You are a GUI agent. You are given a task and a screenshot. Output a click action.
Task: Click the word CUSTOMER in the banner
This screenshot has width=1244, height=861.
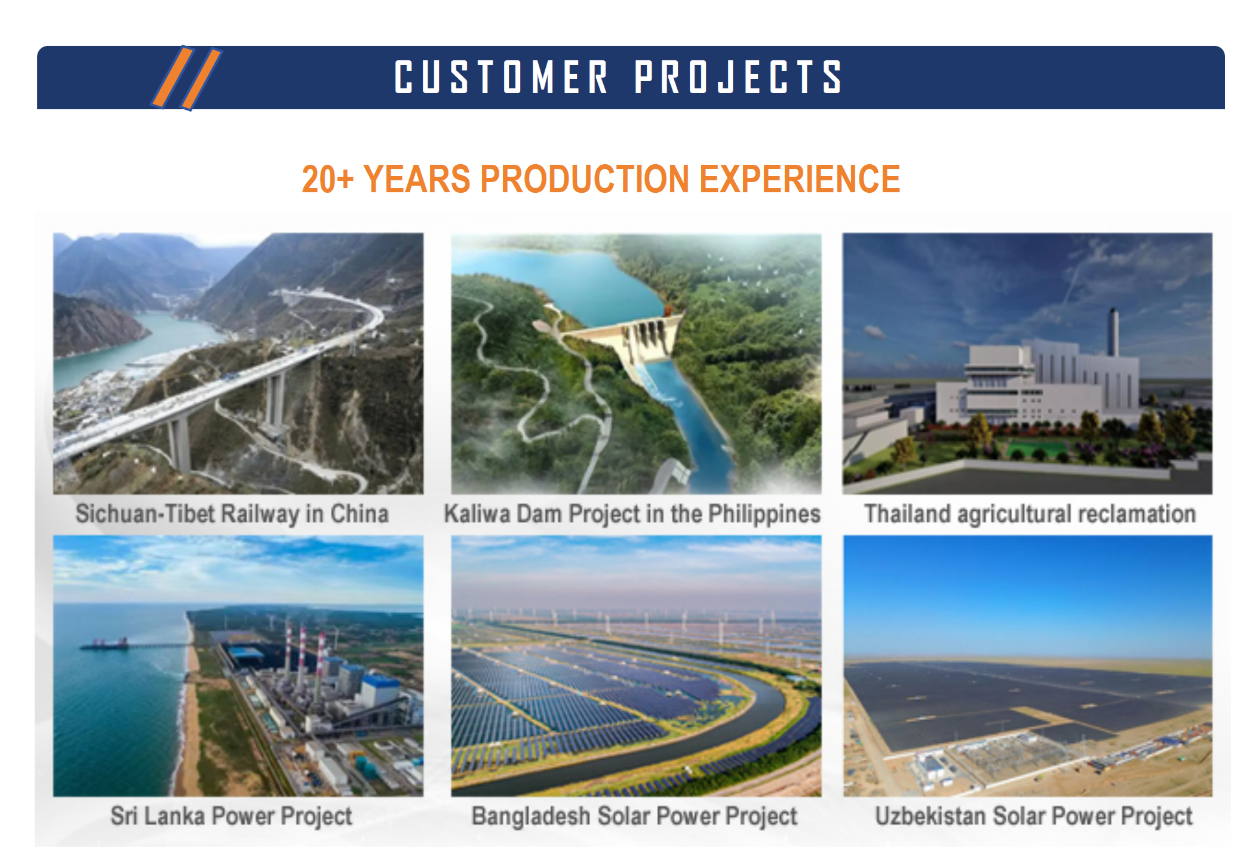[501, 77]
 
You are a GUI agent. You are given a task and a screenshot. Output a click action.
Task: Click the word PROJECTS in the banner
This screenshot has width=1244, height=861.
[738, 77]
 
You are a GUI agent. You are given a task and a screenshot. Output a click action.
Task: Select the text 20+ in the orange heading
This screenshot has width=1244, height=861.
[327, 179]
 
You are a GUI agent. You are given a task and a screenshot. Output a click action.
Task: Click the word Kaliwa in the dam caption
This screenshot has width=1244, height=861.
[477, 513]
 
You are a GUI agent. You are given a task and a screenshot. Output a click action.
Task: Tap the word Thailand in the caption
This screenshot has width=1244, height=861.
[907, 513]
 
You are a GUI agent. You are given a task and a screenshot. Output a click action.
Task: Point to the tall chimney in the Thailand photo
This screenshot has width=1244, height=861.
[1113, 333]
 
